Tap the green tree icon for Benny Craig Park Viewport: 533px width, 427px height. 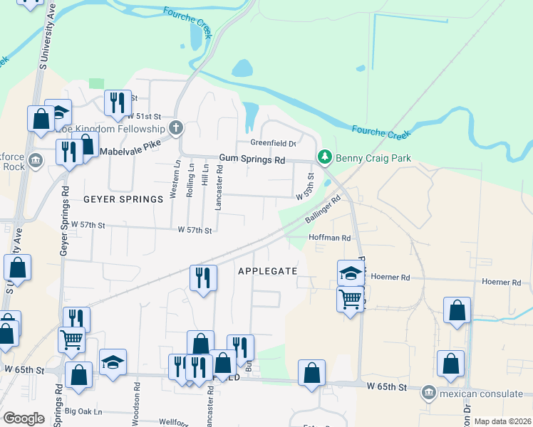pyautogui.click(x=325, y=156)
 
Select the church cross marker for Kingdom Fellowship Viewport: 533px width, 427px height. pyautogui.click(x=176, y=129)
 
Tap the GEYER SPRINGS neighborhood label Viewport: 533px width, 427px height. pyautogui.click(x=123, y=199)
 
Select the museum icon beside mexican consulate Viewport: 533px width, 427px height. pyautogui.click(x=428, y=392)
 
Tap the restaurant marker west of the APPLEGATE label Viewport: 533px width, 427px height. pyautogui.click(x=204, y=278)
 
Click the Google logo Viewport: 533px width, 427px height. pyautogui.click(x=24, y=418)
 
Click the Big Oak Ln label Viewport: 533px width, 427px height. pyautogui.click(x=83, y=411)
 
